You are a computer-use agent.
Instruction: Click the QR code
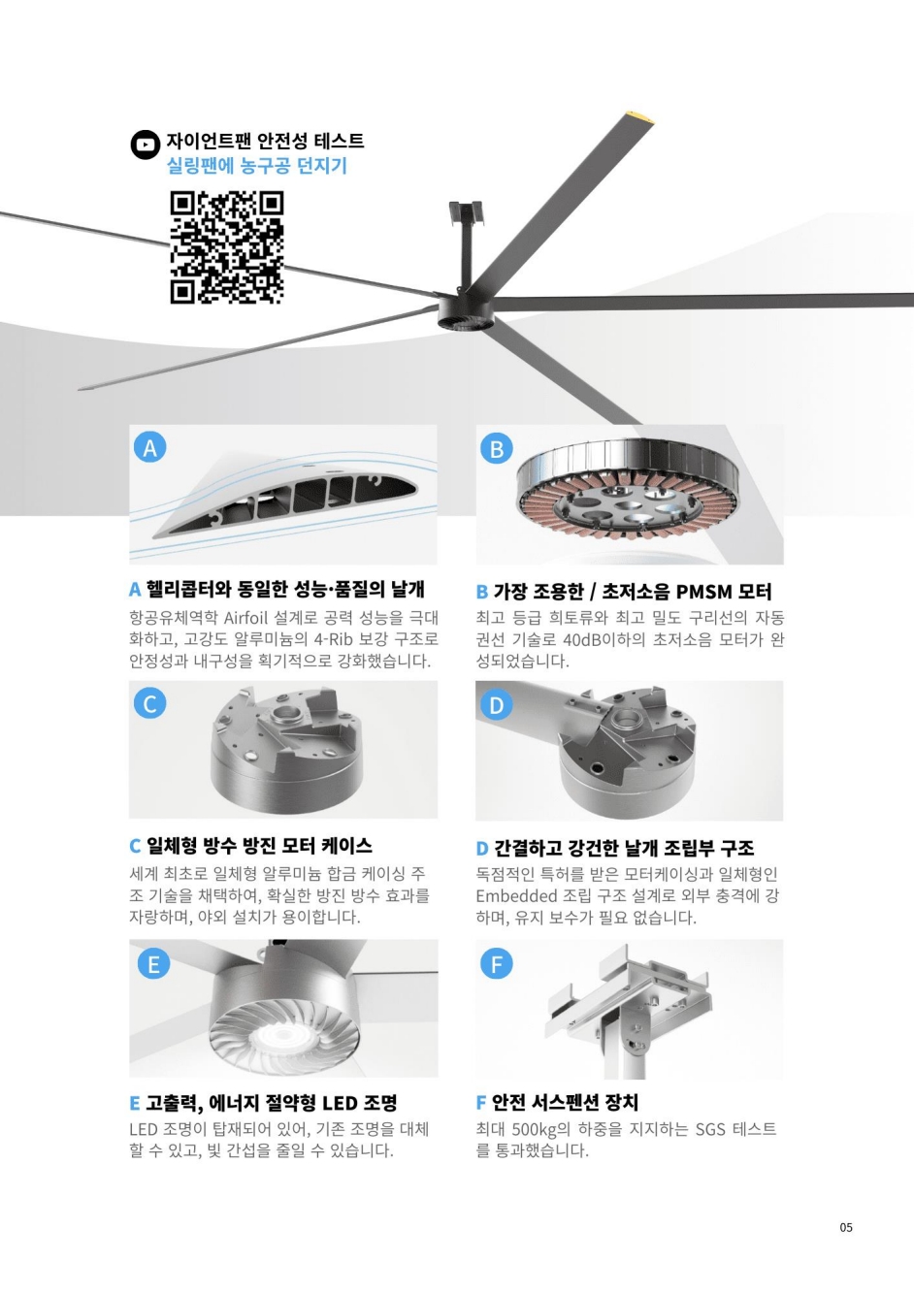pyautogui.click(x=227, y=247)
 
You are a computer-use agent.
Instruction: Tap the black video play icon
pyautogui.click(x=145, y=145)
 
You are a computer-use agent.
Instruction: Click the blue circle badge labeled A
pyautogui.click(x=150, y=447)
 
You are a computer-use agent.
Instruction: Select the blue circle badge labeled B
pyautogui.click(x=497, y=448)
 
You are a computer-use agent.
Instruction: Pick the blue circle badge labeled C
pyautogui.click(x=150, y=703)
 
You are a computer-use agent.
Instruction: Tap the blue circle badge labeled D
pyautogui.click(x=497, y=704)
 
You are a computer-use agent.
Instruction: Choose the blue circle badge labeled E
pyautogui.click(x=153, y=963)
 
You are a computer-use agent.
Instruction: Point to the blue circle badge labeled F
pyautogui.click(x=497, y=963)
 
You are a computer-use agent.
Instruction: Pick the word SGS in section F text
pyautogui.click(x=711, y=1128)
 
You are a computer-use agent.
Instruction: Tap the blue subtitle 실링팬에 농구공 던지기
pyautogui.click(x=257, y=166)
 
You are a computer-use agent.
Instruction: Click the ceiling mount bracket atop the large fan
pyautogui.click(x=466, y=210)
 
